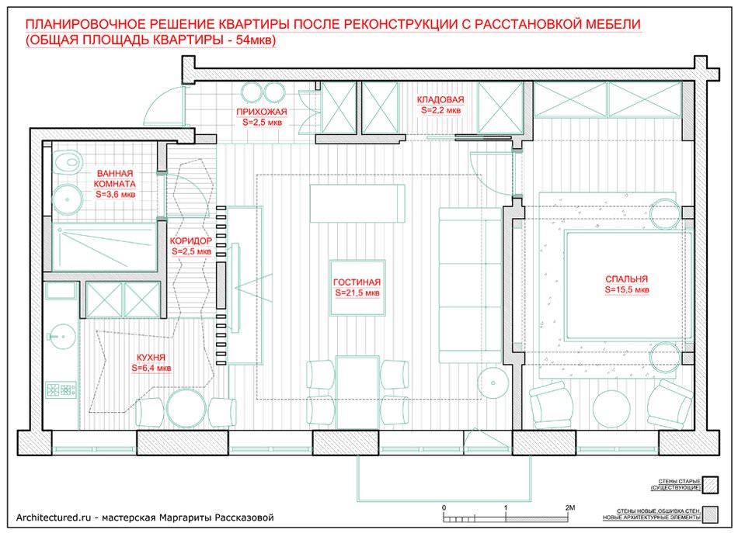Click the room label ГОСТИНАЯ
[357, 282]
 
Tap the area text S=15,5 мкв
[626, 289]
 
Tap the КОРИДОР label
[191, 241]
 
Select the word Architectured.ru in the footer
[54, 517]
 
